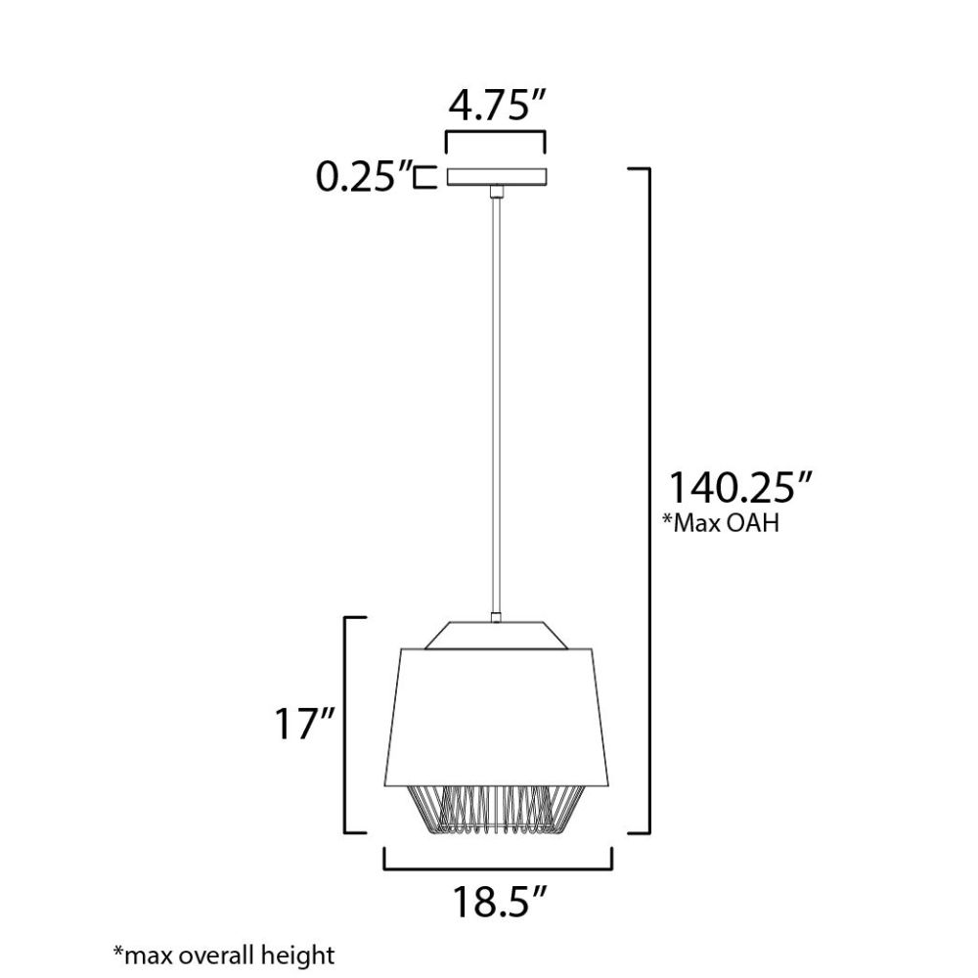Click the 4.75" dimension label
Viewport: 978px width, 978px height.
(497, 106)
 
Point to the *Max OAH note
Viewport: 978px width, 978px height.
(722, 523)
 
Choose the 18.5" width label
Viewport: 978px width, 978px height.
(499, 902)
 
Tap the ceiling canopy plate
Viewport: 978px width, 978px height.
(497, 176)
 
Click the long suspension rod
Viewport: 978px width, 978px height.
(496, 406)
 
